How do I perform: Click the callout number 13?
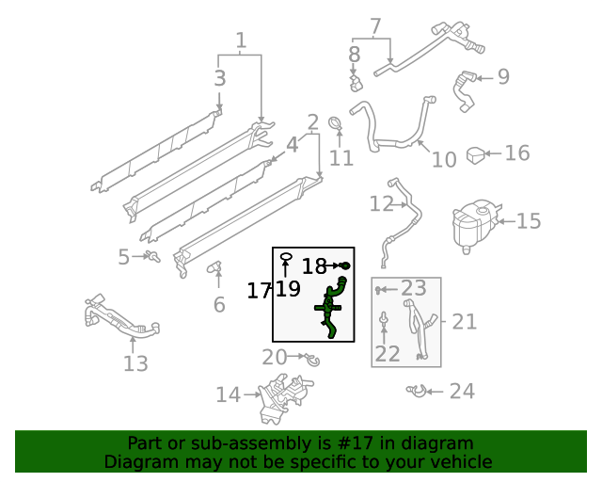(x=135, y=363)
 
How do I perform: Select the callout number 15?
(x=529, y=221)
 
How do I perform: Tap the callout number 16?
(x=517, y=153)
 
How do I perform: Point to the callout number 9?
(x=503, y=77)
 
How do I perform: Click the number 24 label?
(x=462, y=392)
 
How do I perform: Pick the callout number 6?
(x=219, y=304)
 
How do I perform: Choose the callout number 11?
(x=341, y=157)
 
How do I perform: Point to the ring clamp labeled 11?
(x=335, y=122)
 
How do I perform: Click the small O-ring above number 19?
(x=288, y=255)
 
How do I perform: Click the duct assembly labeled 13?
(x=120, y=320)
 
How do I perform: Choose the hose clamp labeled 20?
(x=309, y=358)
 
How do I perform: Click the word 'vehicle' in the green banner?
(x=459, y=461)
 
